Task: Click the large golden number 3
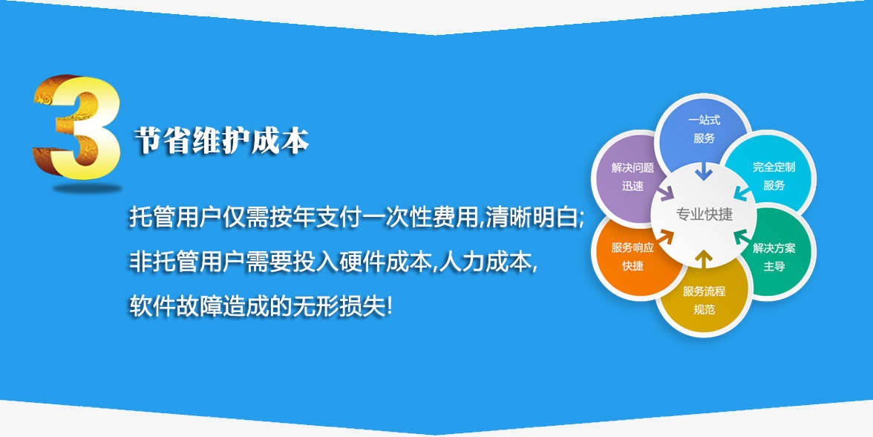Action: (x=77, y=127)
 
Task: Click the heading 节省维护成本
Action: (x=221, y=140)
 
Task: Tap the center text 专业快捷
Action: (x=704, y=214)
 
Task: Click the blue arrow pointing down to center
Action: (x=704, y=170)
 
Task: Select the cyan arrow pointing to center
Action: (x=742, y=192)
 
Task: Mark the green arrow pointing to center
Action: (x=742, y=238)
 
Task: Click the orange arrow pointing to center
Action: (x=666, y=238)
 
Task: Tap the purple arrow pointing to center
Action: (x=666, y=193)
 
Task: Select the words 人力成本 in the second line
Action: (x=484, y=262)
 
